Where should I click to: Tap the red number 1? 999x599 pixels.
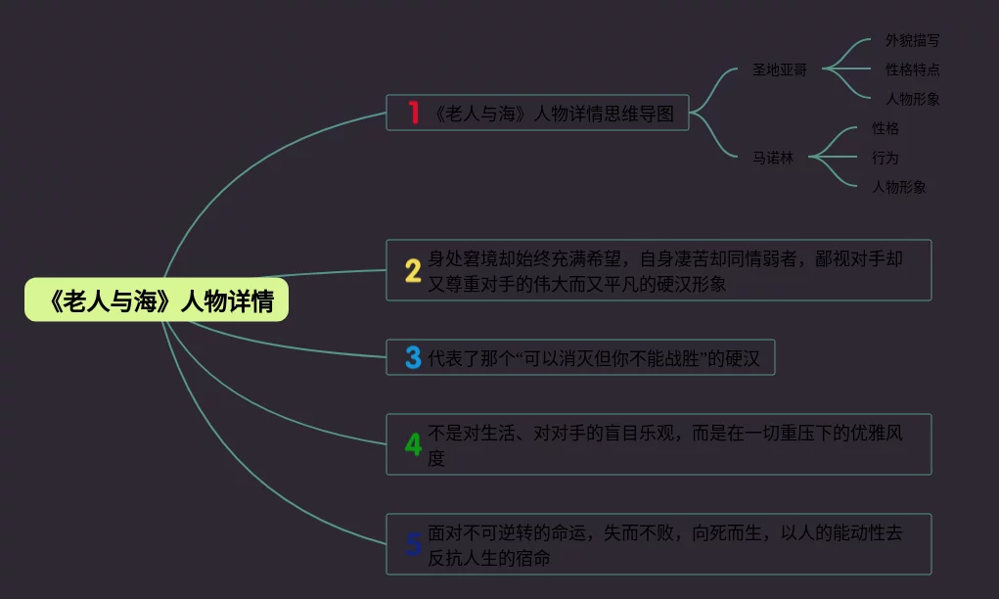pos(414,113)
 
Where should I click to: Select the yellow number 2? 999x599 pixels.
pos(413,270)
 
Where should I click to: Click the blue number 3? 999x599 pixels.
pos(413,358)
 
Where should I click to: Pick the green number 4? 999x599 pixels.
pos(413,444)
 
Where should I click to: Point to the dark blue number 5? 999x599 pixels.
pos(413,544)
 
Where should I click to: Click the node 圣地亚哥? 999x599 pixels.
pos(779,69)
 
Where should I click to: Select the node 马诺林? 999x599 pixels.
pos(773,157)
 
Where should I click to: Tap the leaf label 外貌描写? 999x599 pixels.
pos(912,40)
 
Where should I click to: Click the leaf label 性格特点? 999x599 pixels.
pos(912,69)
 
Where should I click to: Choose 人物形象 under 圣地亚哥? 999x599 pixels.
pos(912,99)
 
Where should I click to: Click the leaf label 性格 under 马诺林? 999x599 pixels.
pos(885,128)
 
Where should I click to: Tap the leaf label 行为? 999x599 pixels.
pos(885,157)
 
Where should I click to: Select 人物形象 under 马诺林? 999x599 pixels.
pos(898,186)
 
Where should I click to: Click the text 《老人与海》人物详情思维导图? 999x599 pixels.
pos(553,113)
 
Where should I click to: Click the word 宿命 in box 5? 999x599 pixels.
pos(533,558)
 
